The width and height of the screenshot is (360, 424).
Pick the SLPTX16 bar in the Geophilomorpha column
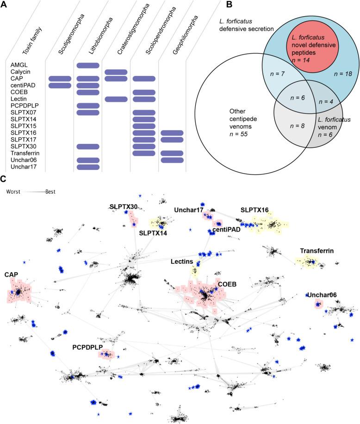click(x=173, y=133)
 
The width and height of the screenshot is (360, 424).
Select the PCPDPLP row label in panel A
click(x=22, y=106)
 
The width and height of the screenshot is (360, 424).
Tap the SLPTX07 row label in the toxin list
click(x=21, y=113)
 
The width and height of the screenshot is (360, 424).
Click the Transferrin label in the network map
click(x=317, y=251)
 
